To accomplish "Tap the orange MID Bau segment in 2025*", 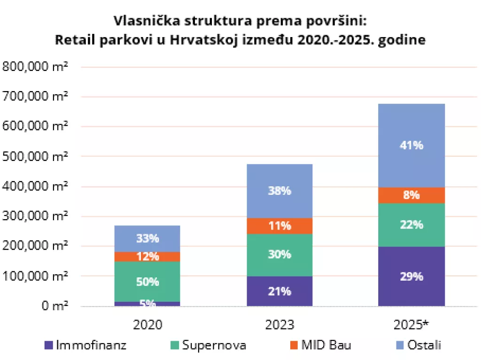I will tap(411, 195).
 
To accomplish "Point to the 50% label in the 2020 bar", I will tap(147, 282).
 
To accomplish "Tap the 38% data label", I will tap(279, 191).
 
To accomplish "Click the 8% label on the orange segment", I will tap(411, 195).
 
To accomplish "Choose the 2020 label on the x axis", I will tap(147, 325).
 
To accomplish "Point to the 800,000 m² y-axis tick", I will tap(35, 66).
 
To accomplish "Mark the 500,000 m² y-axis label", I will tap(35, 156).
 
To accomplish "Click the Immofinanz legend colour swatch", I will tap(48, 345).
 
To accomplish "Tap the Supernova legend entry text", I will tap(214, 345).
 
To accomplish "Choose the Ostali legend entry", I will tap(424, 345).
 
